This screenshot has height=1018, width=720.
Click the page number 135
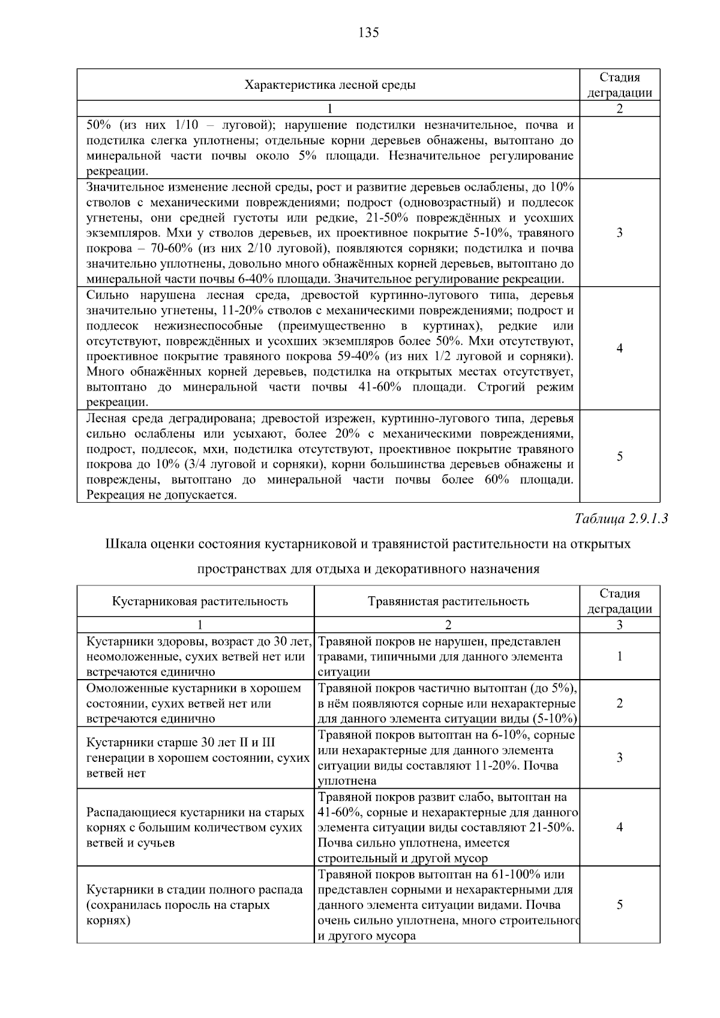point(368,33)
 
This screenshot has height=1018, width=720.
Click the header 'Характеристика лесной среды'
point(329,85)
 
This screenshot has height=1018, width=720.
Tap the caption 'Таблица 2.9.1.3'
point(621,518)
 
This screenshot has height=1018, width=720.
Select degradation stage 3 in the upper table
point(619,233)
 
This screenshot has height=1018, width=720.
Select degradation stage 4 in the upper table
point(619,349)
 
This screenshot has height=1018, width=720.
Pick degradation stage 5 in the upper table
point(619,457)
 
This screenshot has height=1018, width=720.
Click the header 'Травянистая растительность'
point(448,601)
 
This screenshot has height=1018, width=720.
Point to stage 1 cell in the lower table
point(619,656)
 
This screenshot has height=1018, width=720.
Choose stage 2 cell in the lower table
point(619,703)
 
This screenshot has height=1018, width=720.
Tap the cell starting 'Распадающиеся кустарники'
point(195,827)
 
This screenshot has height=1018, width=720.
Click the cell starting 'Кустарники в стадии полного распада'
point(195,905)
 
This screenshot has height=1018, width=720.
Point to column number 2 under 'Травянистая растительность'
point(448,625)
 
